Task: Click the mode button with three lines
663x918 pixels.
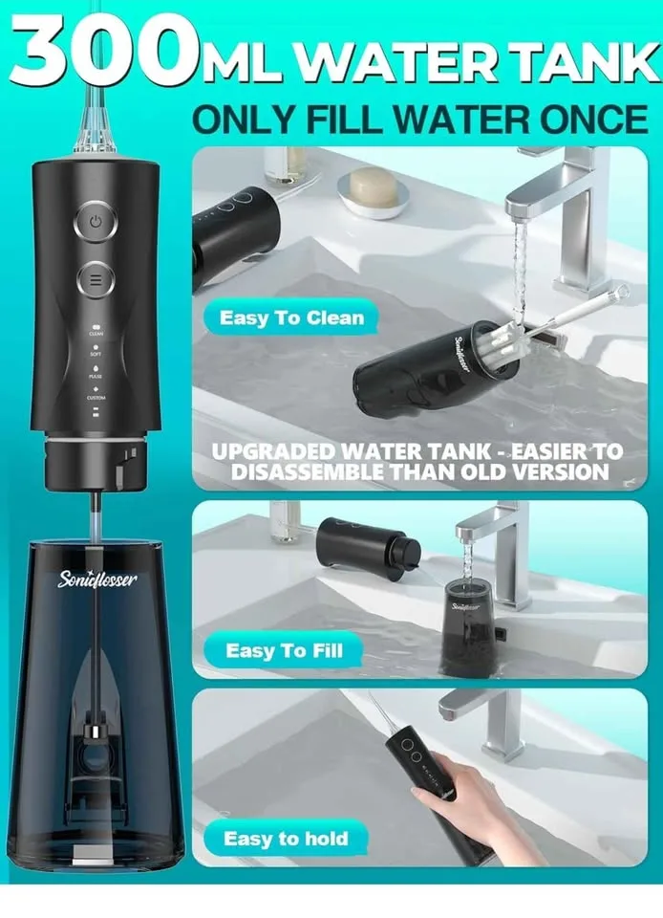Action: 96,280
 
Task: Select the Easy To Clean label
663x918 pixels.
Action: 291,317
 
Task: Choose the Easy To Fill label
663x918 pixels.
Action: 284,651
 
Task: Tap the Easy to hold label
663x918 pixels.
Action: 286,839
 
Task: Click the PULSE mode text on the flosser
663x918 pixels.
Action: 96,376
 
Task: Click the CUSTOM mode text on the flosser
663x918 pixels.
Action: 96,398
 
